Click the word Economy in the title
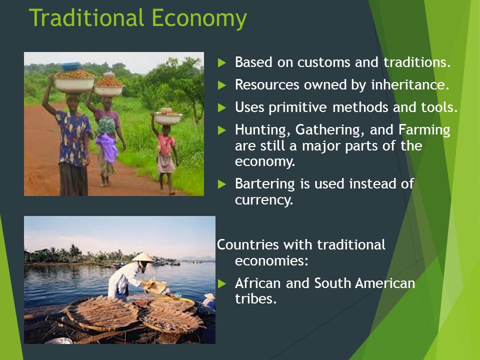coord(199,19)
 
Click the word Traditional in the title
coord(86,18)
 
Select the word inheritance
coord(410,85)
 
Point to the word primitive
coord(297,108)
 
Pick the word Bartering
coord(265,184)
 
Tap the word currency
coord(264,200)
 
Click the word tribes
coord(256,299)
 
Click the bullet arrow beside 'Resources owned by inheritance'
coord(222,85)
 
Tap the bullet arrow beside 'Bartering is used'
coord(222,184)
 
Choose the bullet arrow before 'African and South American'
coord(222,284)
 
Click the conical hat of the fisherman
coord(142,257)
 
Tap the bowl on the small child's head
coord(167,118)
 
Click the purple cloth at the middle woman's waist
coord(107,147)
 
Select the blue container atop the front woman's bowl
coord(70,66)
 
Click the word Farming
coord(424,130)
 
